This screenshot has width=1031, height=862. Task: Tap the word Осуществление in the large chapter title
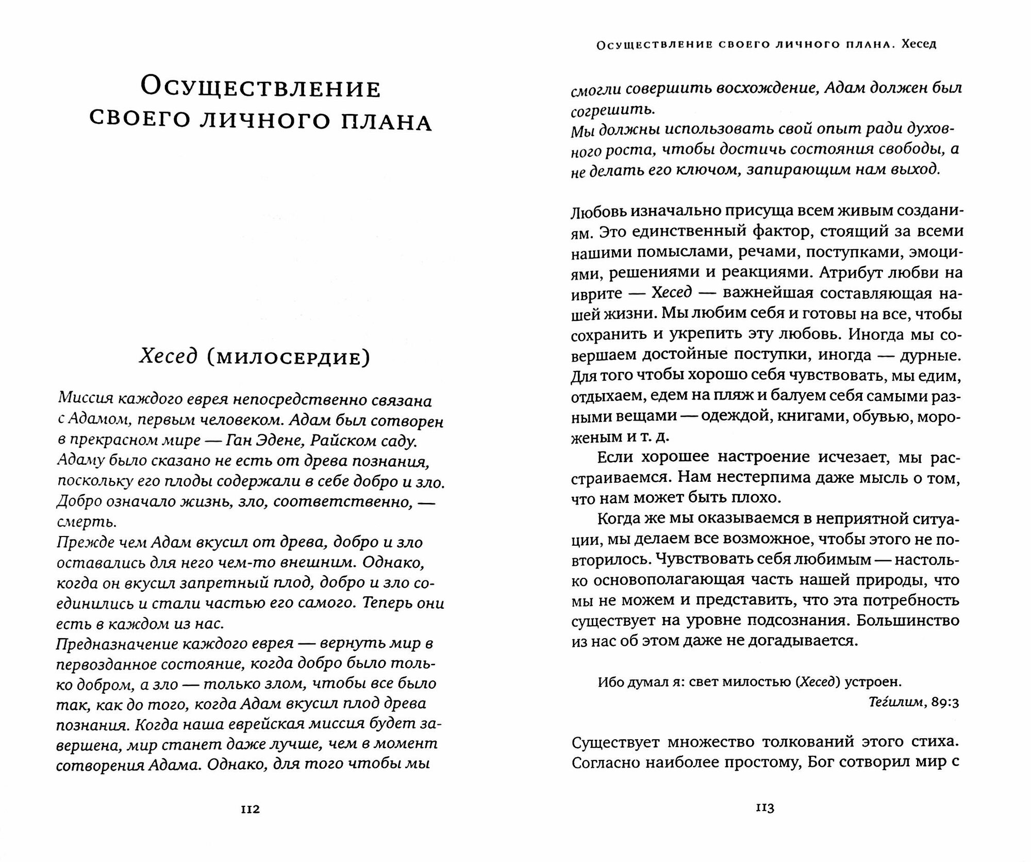261,88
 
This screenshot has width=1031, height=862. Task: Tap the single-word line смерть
87,522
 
